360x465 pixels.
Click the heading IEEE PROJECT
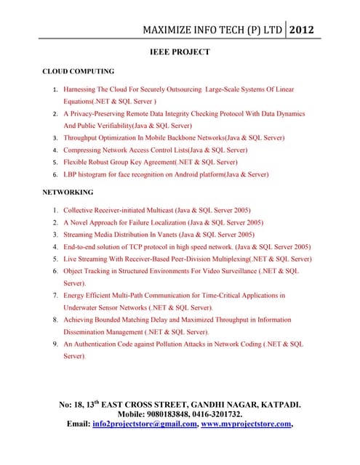point(180,52)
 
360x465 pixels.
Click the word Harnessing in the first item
point(81,89)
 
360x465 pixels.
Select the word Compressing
point(86,150)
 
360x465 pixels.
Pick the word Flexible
point(76,161)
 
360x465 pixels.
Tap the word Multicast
point(167,210)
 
